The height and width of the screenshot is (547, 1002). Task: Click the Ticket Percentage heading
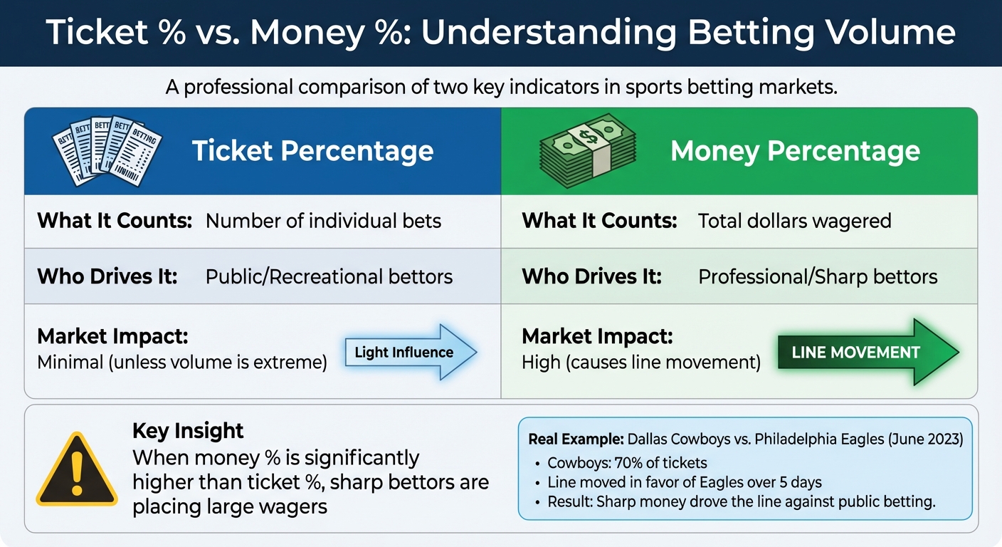pos(312,151)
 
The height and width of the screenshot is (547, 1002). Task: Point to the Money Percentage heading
pos(795,151)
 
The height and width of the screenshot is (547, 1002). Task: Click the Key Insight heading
pos(188,430)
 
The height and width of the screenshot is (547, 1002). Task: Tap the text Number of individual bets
pos(323,221)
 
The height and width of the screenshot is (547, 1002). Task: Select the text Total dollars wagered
pos(794,221)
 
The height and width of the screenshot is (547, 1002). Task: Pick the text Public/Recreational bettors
pos(329,276)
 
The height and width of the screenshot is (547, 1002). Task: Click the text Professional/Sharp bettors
pos(818,276)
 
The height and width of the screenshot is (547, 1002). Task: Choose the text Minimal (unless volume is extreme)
pos(181,363)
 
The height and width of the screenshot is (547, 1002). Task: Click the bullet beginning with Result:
pos(740,501)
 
